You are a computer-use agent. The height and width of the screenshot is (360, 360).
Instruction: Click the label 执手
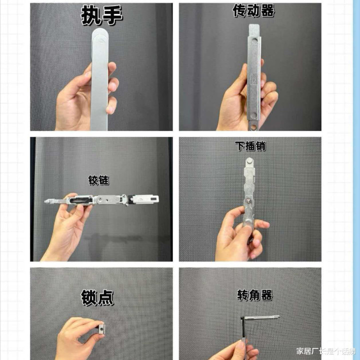tap(101, 15)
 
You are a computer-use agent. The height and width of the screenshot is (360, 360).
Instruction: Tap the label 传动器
tap(253, 11)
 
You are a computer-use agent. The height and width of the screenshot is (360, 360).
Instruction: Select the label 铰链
tap(98, 180)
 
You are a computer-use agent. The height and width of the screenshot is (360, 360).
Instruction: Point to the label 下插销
tap(250, 146)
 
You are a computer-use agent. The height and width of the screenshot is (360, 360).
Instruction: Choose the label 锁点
tap(97, 297)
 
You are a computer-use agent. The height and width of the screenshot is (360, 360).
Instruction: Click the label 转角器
tap(255, 295)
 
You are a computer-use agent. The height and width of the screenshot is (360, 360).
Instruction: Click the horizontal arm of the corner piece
tap(260, 318)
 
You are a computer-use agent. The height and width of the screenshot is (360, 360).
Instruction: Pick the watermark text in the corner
tap(325, 351)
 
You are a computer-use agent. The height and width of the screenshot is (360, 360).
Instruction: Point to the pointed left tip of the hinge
tap(45, 201)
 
